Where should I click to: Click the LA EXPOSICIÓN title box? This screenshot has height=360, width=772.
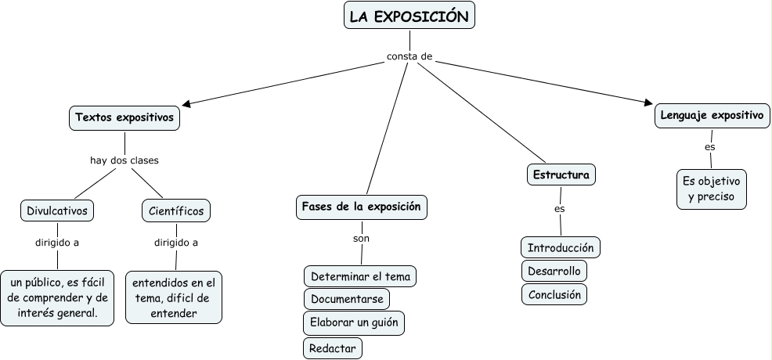409,16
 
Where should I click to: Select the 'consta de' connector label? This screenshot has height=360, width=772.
409,56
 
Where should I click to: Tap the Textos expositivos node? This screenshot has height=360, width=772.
124,118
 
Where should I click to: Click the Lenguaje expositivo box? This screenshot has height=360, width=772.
712,116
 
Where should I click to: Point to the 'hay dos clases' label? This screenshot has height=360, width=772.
124,160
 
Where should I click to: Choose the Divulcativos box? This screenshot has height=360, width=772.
57,211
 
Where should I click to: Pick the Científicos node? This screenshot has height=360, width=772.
176,211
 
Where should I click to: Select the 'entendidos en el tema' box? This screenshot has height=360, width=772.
176,297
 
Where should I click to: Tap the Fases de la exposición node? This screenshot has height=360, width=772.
362,207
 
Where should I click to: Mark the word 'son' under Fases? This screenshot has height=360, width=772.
361,237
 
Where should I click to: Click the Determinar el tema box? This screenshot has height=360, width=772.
360,277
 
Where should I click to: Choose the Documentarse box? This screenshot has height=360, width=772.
346,299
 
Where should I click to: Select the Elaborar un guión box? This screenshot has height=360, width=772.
354,322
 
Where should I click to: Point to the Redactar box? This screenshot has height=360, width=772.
333,348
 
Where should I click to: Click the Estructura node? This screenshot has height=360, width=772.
561,175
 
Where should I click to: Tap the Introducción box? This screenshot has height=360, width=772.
561,248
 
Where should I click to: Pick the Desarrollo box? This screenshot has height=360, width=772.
554,272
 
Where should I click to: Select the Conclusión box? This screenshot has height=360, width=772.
554,295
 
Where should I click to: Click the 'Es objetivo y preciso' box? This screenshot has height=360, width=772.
711,189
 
